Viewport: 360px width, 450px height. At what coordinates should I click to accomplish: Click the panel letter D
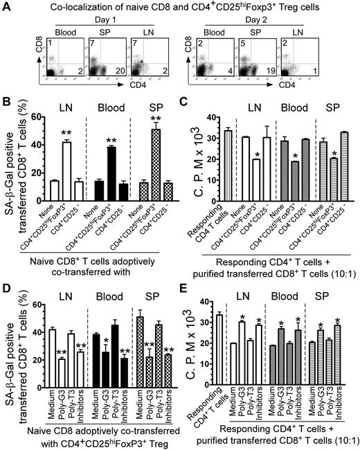tap(8, 275)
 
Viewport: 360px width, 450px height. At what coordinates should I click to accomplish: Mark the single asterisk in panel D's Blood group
tap(105, 342)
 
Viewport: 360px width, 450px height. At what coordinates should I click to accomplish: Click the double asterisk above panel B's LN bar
tap(66, 132)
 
